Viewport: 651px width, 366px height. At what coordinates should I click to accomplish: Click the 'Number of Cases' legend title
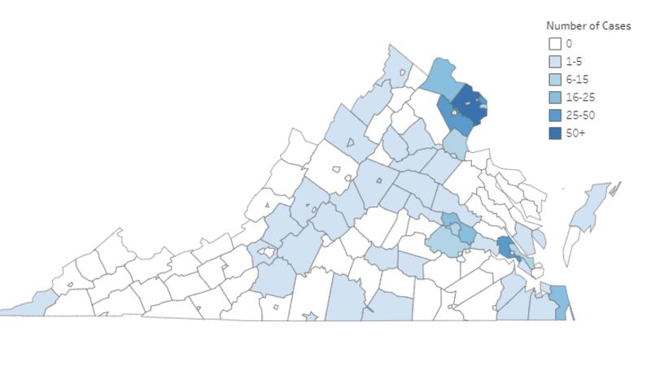tap(588, 26)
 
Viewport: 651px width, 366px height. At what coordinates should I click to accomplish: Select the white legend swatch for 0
tap(554, 44)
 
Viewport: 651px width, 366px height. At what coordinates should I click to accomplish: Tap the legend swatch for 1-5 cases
tap(554, 62)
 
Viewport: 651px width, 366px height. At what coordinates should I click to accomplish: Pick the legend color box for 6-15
tap(554, 80)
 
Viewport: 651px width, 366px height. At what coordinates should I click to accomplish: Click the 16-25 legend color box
tap(554, 98)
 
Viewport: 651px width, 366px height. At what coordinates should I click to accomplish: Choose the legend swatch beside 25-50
tap(554, 115)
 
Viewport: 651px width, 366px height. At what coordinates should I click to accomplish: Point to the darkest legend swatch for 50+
tap(554, 133)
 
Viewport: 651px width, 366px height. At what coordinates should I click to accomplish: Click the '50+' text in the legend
tap(575, 133)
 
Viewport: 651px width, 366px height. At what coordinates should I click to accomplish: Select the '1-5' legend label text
tap(574, 62)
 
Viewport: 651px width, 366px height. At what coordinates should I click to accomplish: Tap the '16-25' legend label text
tap(580, 98)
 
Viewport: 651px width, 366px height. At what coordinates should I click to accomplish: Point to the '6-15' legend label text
tap(577, 80)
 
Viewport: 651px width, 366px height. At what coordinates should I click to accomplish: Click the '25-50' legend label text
tap(580, 115)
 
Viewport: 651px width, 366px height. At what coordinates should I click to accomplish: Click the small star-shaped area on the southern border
tap(311, 316)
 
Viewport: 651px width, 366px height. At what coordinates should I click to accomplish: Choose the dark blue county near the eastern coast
tap(505, 247)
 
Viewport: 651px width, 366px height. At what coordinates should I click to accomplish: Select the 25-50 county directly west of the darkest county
tap(446, 111)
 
